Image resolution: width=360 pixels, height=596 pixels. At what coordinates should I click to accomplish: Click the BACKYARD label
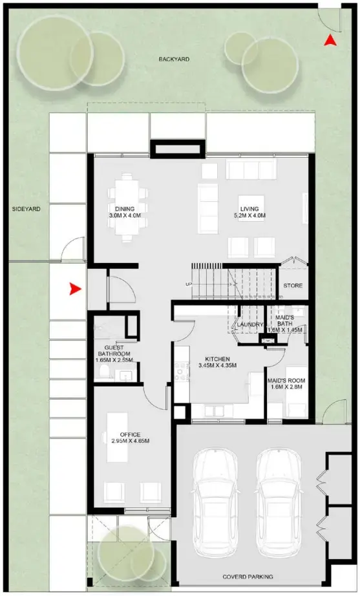(174, 59)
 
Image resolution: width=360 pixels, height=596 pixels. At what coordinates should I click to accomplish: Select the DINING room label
(125, 209)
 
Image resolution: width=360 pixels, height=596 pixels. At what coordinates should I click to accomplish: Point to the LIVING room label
(249, 209)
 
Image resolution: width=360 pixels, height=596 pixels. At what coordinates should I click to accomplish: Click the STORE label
(293, 286)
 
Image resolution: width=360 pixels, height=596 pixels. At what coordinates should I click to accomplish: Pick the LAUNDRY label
(249, 325)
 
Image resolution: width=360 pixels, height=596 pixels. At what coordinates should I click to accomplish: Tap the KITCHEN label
(218, 359)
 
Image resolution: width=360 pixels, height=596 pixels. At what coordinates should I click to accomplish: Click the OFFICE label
(130, 434)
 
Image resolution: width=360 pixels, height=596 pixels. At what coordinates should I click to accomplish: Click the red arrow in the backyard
(330, 41)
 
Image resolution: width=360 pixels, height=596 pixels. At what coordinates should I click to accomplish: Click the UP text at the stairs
(188, 284)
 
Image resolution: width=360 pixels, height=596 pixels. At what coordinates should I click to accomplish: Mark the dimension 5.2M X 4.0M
(249, 216)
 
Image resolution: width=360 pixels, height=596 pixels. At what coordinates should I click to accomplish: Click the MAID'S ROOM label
(286, 381)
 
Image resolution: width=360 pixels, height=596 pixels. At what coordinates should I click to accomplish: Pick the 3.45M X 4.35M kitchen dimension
(218, 366)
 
